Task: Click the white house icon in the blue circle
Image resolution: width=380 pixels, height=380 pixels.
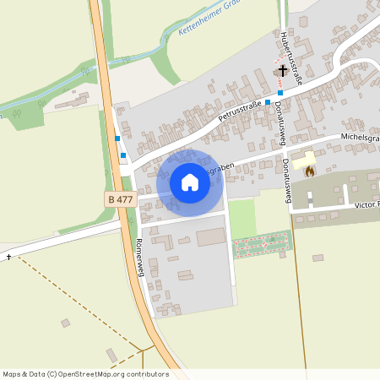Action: pos(189,182)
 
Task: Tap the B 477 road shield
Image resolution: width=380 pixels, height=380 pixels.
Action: pos(121,199)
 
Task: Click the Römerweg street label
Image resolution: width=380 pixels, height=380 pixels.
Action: pos(140,252)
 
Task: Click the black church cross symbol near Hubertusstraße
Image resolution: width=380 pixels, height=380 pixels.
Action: pos(281,72)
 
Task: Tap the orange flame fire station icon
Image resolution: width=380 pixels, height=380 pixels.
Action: pos(309,172)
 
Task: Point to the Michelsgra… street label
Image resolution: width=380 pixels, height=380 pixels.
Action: pos(360,135)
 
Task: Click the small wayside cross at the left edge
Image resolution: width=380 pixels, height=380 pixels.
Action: pos(9,256)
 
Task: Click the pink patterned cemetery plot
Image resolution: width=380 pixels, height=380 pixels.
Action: pos(262,246)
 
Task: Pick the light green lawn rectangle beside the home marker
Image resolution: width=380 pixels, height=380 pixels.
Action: pos(242,218)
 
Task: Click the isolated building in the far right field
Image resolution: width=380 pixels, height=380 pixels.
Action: pos(318,258)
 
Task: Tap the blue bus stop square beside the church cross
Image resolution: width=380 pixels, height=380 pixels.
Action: pos(280,92)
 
